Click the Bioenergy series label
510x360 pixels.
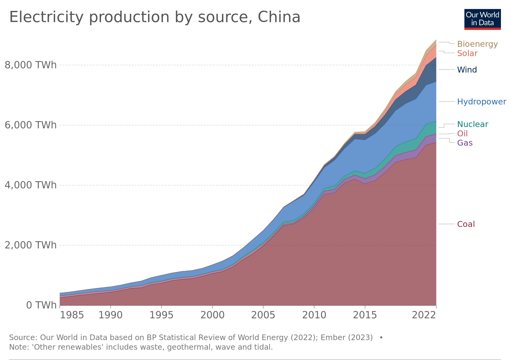477,44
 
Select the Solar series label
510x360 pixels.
467,53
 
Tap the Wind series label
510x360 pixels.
467,70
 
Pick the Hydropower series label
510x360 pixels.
482,102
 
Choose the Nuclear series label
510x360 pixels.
473,124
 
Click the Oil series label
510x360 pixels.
462,134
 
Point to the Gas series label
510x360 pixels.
465,143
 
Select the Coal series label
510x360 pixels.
466,224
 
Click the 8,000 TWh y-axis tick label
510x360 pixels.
31,65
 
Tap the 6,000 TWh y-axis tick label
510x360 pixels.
31,125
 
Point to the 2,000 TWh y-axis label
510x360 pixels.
31,245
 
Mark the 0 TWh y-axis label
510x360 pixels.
41,305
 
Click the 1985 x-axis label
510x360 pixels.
72,315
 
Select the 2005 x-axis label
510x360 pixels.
263,315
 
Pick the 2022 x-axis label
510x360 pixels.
424,315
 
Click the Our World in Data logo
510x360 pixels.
482,19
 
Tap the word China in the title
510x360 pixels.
279,17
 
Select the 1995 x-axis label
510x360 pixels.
161,315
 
